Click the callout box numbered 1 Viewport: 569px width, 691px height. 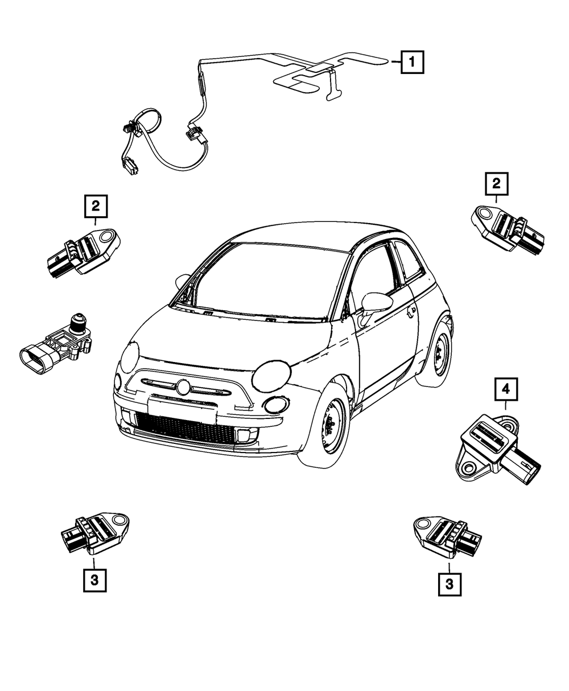(x=412, y=62)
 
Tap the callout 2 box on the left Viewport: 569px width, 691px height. (x=96, y=206)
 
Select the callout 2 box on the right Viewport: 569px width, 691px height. (x=497, y=183)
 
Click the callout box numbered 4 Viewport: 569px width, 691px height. (x=506, y=389)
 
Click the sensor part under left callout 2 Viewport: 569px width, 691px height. (x=84, y=252)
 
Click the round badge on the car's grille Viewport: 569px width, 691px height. (x=182, y=387)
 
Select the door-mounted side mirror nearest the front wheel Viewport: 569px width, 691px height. (x=376, y=307)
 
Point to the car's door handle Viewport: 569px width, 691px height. (x=411, y=312)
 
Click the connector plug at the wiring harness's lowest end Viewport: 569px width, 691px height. (x=130, y=167)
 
